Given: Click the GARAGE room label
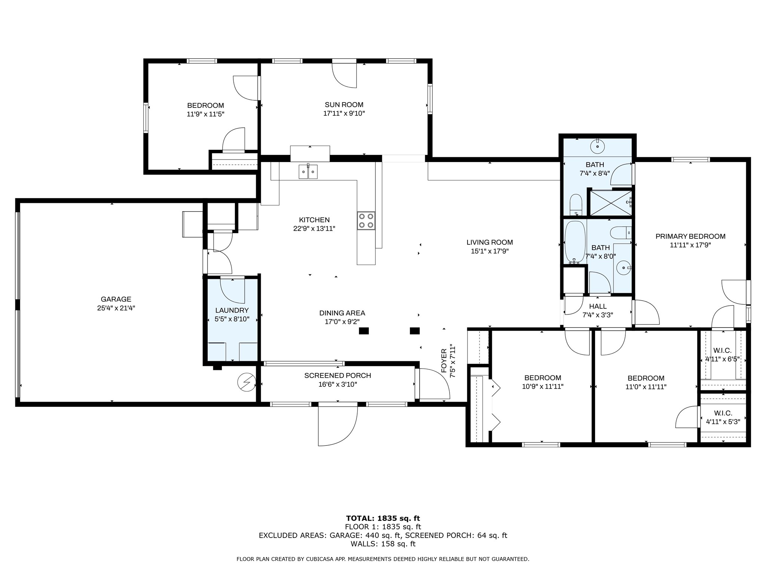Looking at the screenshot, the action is coord(116,299).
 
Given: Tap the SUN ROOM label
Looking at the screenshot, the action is coord(344,105).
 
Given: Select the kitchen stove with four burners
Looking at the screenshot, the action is coord(366,220).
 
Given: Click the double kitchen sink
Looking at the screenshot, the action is coord(308,171).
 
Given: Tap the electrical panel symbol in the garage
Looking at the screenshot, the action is coord(246,383).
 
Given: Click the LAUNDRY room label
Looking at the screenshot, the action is coord(232,310).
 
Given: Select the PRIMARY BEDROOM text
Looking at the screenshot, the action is coord(690,236).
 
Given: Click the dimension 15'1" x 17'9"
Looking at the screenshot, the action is coord(490,251).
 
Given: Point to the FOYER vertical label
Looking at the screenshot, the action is coord(444,361).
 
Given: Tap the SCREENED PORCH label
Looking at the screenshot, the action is coord(338,375).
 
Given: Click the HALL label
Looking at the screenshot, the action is coord(598,306).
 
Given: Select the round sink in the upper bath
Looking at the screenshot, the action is coord(598,146).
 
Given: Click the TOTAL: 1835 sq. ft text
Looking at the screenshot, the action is coord(383,518).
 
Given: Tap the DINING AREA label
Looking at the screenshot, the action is coord(342,313).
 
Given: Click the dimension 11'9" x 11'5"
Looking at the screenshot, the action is coord(206,114).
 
